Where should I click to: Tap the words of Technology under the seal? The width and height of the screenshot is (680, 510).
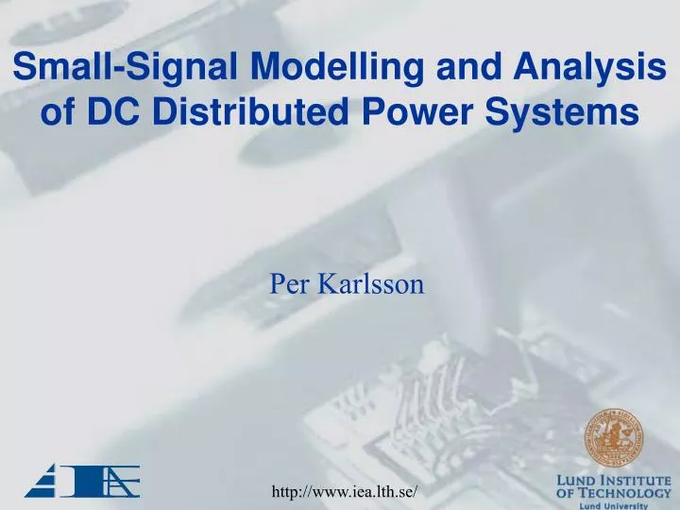[614, 493]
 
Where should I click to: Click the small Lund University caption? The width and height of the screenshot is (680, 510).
[614, 505]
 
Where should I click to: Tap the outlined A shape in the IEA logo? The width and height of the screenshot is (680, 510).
[119, 481]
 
